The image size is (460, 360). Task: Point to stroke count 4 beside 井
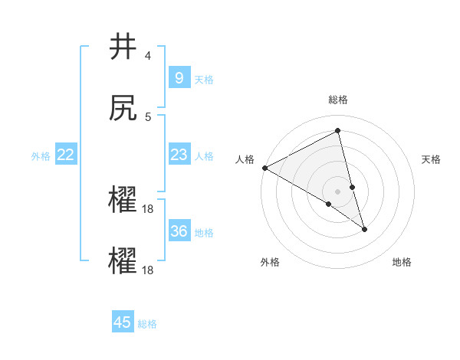[x=148, y=56]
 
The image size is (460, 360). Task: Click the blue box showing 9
[x=179, y=78]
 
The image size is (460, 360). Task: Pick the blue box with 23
[x=179, y=155]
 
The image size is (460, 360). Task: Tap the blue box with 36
[x=179, y=231]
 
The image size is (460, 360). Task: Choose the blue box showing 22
[x=66, y=155]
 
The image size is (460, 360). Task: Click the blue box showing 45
[x=123, y=322]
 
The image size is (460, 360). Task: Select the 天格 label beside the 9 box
[x=204, y=79]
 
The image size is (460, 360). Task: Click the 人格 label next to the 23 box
[x=204, y=155]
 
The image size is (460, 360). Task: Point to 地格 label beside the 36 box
[x=204, y=232]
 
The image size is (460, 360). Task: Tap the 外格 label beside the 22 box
[x=41, y=155]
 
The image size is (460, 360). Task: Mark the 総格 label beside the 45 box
[x=147, y=323]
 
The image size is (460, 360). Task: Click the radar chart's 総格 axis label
[x=338, y=100]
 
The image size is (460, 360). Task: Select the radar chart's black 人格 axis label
[x=245, y=159]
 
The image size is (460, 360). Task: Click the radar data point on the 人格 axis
[x=264, y=168]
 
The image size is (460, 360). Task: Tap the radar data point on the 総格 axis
[x=338, y=130]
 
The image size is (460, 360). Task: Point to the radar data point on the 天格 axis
[x=353, y=187]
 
